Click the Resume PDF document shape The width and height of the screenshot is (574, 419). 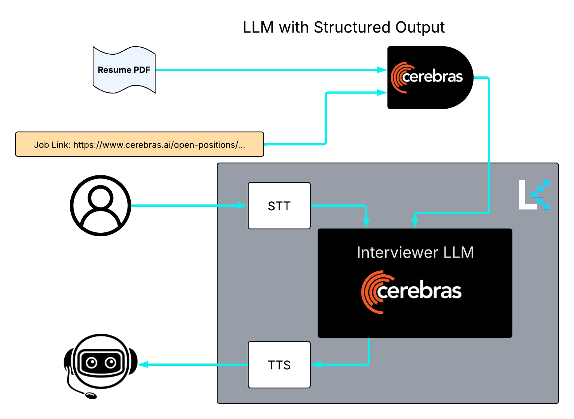point(124,70)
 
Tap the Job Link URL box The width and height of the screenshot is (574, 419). point(140,144)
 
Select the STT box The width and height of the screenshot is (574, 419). point(279,206)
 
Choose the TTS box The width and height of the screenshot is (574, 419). point(279,365)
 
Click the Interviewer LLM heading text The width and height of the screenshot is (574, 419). point(415,253)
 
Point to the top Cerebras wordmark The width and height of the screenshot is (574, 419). point(433,77)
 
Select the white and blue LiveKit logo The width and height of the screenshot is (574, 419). point(534,194)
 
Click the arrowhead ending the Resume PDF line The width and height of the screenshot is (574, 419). point(382,70)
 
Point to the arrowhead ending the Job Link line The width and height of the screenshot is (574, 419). point(382,92)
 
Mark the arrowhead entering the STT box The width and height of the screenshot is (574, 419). point(242,206)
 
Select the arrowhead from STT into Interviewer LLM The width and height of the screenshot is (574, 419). point(366,222)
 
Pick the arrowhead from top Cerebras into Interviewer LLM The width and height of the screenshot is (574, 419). point(415,222)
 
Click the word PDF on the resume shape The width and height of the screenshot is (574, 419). point(142,70)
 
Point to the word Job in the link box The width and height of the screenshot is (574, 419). point(41,145)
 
